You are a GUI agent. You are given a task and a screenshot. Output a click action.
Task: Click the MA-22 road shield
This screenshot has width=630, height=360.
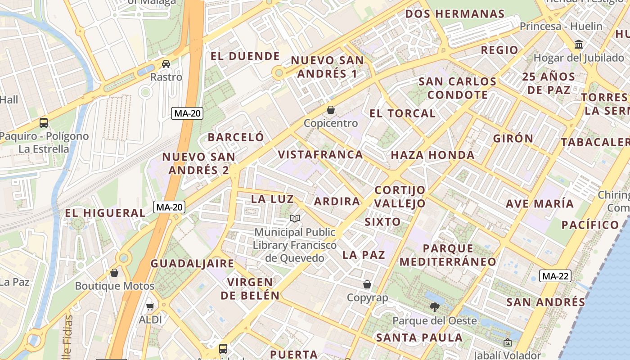coord(555,276)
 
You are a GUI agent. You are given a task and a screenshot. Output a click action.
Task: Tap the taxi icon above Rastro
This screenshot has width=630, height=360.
coord(166,64)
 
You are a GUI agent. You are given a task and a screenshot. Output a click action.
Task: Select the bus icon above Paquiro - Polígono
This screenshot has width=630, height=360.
coord(44,122)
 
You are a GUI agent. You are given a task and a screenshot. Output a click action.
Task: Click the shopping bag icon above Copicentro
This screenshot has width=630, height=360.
coord(331,110)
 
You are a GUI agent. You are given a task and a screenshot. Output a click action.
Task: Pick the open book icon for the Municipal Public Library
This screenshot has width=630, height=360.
coord(295,219)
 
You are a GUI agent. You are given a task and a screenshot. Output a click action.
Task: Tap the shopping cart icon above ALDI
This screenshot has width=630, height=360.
coord(150,306)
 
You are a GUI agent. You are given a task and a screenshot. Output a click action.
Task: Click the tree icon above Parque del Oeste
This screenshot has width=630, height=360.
coord(434,307)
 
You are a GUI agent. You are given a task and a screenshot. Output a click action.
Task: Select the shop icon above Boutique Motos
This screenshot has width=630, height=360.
coord(114,273)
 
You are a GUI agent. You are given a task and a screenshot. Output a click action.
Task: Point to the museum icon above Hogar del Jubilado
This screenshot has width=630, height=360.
coord(579,45)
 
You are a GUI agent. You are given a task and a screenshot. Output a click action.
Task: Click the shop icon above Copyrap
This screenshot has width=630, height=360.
coord(367,284)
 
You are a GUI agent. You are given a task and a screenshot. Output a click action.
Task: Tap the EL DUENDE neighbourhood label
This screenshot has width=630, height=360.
coord(245,56)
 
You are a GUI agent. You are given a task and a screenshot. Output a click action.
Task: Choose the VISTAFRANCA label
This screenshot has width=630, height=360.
coord(320,155)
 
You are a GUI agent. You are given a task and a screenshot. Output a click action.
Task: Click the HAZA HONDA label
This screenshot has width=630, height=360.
coord(432,155)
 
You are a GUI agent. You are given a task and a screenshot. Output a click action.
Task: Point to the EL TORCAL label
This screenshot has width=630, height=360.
coord(402,113)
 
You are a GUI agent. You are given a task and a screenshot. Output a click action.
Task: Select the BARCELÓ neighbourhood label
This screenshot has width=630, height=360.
coord(236,137)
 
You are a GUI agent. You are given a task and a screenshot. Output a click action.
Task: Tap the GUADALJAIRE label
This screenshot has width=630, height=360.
coord(192,264)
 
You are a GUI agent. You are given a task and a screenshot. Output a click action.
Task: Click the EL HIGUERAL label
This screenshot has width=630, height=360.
coord(105,213)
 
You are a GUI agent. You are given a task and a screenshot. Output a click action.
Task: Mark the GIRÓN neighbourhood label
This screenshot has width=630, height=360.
coord(513,138)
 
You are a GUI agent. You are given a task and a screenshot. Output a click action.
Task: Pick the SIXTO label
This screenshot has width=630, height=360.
coord(382,222)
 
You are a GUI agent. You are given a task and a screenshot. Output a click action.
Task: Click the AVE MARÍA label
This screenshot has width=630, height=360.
coord(540,203)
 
